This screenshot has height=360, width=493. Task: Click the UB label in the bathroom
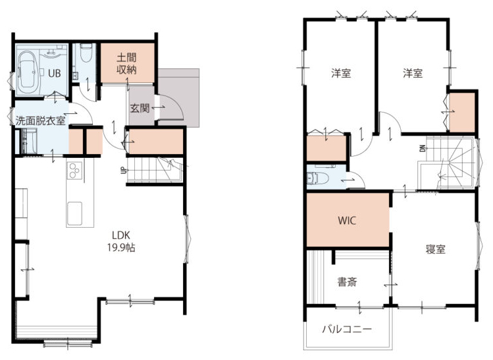pos(55,73)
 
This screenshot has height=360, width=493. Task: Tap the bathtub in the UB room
pos(28,73)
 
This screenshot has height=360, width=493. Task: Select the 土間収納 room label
pos(127,64)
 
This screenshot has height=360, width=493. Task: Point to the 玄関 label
pos(140,109)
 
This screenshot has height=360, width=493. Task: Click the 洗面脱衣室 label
pos(41,120)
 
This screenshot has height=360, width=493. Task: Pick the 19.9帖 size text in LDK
pos(121,247)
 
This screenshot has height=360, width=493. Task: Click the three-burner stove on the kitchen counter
pos(75,170)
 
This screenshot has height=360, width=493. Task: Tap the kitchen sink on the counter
pos(74,213)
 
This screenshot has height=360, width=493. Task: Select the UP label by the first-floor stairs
pos(122,170)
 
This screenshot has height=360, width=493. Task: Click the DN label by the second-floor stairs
pos(423,148)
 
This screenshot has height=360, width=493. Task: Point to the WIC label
pos(347,220)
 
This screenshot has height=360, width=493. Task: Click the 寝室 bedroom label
pos(436,249)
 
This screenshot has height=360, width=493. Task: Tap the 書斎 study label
pos(347,282)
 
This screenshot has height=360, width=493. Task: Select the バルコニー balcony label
pos(347,329)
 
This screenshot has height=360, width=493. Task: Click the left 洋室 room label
pos(341,73)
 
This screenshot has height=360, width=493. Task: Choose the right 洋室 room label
pos(413,73)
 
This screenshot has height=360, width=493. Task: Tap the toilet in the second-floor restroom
pos(318,178)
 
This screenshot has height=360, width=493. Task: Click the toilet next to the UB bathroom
pos(86,53)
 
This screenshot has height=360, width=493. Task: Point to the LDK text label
pos(121,235)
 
